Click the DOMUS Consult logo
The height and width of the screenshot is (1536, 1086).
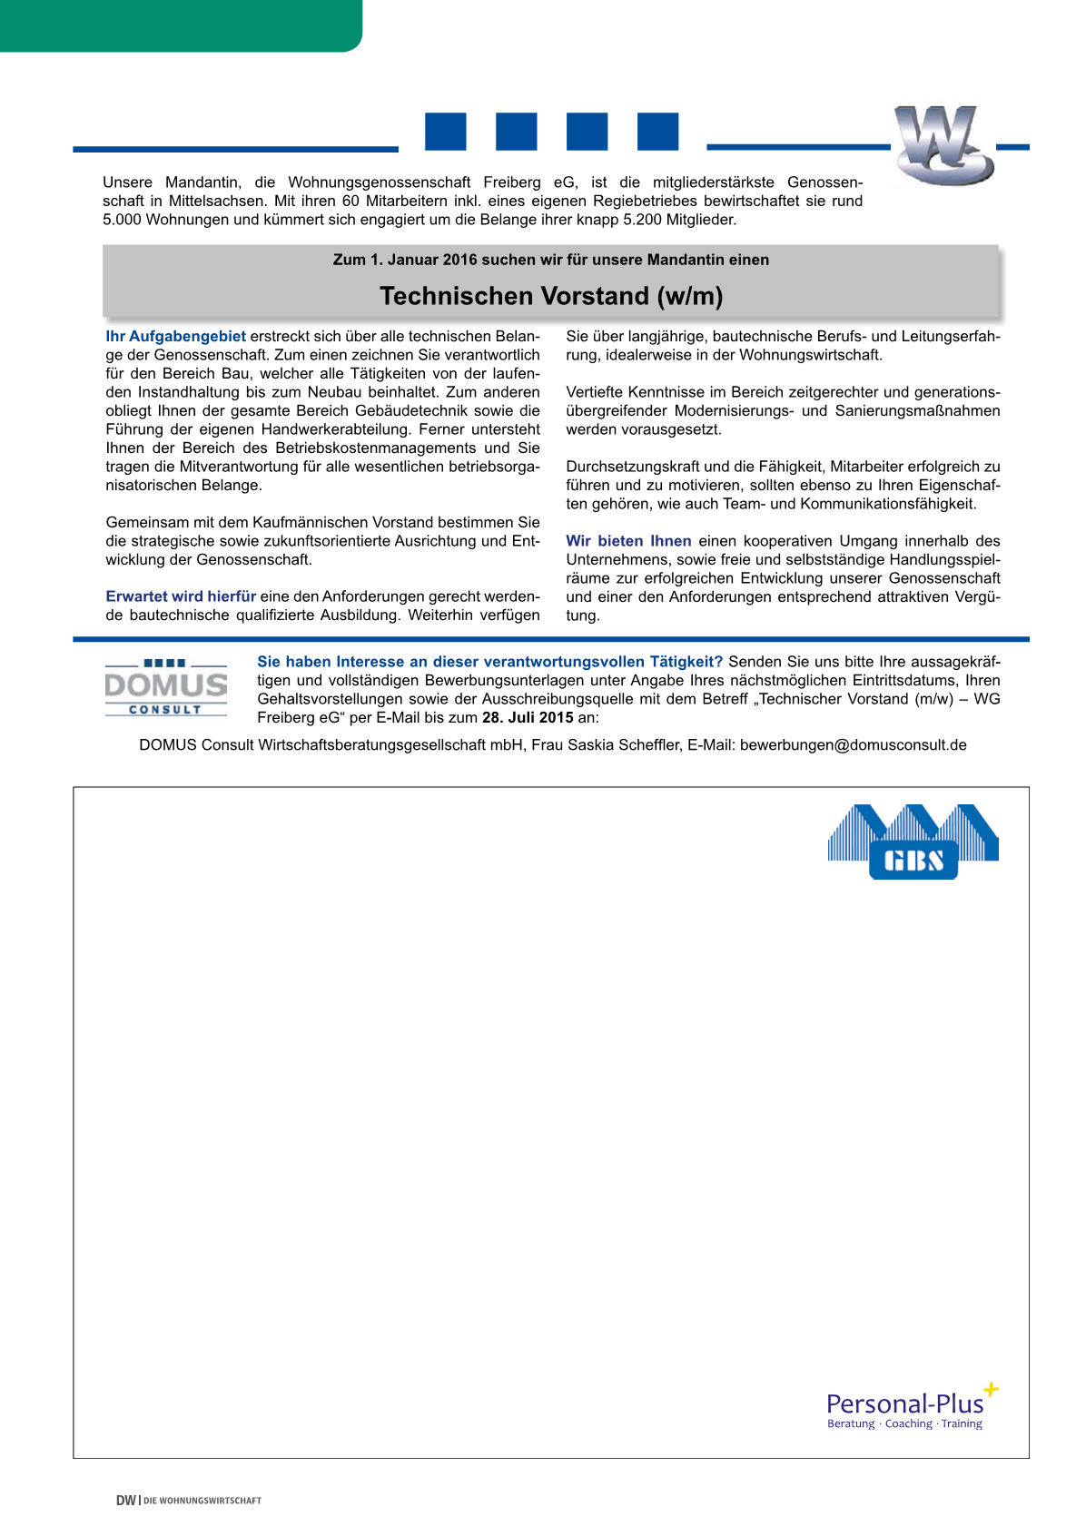click(x=166, y=688)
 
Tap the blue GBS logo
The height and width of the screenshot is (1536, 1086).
click(x=913, y=842)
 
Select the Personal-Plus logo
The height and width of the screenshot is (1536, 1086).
click(x=908, y=1408)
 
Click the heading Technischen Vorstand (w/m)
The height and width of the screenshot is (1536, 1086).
click(x=551, y=296)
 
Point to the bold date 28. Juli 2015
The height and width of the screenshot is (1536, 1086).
click(x=528, y=717)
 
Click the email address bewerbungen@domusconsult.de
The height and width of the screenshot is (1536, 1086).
click(x=853, y=745)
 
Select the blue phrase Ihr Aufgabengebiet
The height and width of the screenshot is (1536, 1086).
click(x=175, y=337)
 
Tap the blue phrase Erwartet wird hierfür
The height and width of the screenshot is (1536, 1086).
click(x=181, y=596)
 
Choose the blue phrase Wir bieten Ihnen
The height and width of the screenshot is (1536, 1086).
click(x=628, y=541)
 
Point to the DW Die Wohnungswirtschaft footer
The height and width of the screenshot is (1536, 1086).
click(x=189, y=1501)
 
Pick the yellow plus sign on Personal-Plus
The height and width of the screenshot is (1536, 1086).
click(x=991, y=1389)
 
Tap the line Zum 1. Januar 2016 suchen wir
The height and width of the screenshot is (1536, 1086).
click(x=550, y=260)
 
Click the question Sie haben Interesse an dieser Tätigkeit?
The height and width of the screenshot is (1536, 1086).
click(x=489, y=662)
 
